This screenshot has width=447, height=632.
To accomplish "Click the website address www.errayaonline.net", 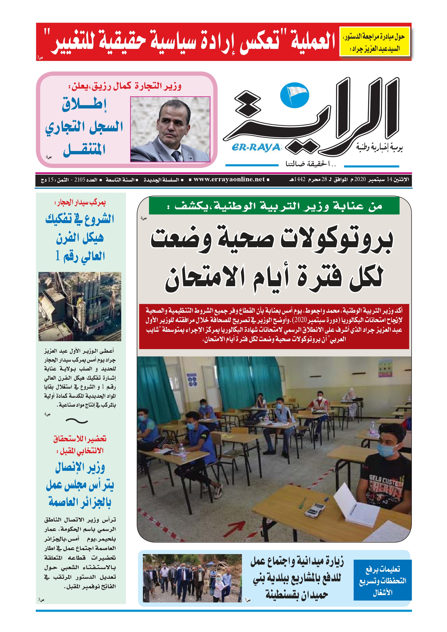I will pyautogui.click(x=229, y=180).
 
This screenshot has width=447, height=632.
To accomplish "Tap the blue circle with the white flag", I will pyautogui.click(x=294, y=95).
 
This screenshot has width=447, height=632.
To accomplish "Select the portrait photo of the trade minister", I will pyautogui.click(x=170, y=129).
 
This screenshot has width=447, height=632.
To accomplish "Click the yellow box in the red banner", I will pyautogui.click(x=375, y=42).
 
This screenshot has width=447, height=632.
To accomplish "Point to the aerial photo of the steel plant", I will pyautogui.click(x=80, y=306).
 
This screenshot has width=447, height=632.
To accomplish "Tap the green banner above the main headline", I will pyautogui.click(x=274, y=206).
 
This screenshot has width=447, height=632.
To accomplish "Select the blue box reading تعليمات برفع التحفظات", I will pyautogui.click(x=382, y=581).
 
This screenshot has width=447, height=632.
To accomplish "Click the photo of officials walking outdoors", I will pyautogui.click(x=192, y=578).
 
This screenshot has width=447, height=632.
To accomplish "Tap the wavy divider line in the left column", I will pyautogui.click(x=77, y=421).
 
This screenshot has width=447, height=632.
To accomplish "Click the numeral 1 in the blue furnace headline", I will pyautogui.click(x=58, y=256).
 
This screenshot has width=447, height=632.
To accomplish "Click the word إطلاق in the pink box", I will pyautogui.click(x=84, y=105).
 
